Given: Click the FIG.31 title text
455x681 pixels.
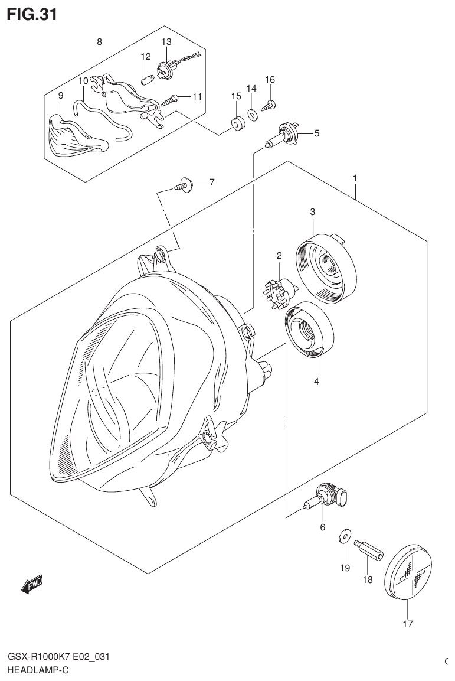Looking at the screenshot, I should [x=32, y=14].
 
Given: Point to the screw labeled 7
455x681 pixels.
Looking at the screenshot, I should [x=184, y=185].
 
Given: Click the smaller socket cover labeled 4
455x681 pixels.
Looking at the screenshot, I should [x=309, y=329].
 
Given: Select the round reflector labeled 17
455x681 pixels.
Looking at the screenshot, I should [x=411, y=572].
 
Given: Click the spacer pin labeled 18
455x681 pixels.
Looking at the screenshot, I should [x=369, y=550].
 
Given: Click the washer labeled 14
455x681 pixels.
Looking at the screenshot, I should [x=252, y=115].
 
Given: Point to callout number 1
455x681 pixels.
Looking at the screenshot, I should [x=355, y=178].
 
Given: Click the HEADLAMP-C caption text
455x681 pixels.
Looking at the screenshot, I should [x=38, y=671].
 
